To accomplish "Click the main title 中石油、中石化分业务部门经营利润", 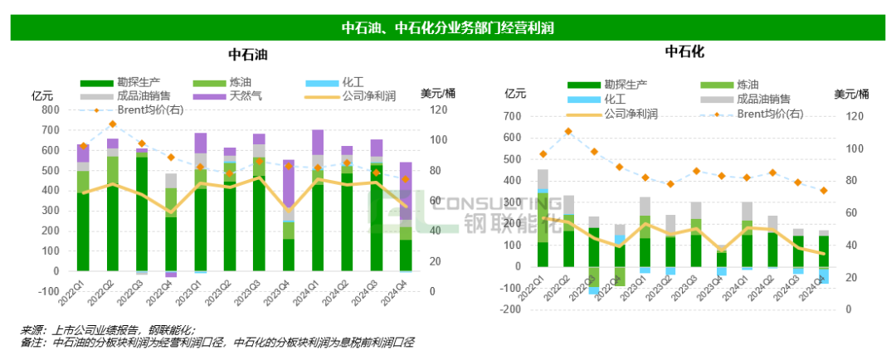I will coord(448,27).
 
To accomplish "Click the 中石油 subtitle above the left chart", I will coord(248,55).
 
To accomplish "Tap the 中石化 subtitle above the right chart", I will coord(684,52).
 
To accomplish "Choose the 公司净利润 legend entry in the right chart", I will coord(631,113).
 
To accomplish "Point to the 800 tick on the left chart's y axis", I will coord(51,109).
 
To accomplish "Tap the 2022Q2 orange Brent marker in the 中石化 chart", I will coord(568,131).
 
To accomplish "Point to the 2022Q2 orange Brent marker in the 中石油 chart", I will coord(112,124).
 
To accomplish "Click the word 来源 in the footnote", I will coord(32,329).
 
